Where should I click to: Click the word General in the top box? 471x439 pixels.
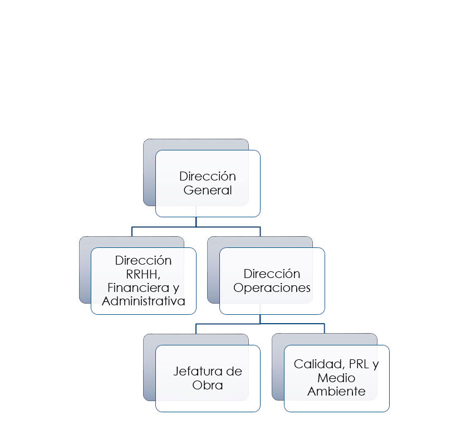pos(208,190)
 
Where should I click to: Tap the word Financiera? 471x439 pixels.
pos(139,287)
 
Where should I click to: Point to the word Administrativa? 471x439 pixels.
pos(143,301)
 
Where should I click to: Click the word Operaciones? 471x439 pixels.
pos(272,288)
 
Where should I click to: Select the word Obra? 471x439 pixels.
pos(208,385)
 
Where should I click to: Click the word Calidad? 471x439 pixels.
pos(319,364)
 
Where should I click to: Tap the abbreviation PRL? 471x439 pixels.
pos(359,364)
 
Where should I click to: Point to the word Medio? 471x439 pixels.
pos(336,378)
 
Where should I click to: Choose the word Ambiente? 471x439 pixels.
pos(336,392)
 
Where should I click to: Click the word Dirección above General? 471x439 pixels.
pos(208,177)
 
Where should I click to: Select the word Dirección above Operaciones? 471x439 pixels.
pos(272,274)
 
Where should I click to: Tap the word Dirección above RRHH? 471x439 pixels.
pos(143,261)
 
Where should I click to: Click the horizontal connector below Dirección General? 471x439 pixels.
pos(196,227)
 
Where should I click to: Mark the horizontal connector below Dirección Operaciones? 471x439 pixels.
pos(260,324)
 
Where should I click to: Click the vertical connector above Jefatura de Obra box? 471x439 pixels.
pos(196,329)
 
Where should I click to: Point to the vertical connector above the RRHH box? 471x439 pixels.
pos(132,232)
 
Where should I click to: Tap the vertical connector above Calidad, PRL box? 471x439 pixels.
pos(325,329)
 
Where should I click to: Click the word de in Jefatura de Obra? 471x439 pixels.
pos(234,372)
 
